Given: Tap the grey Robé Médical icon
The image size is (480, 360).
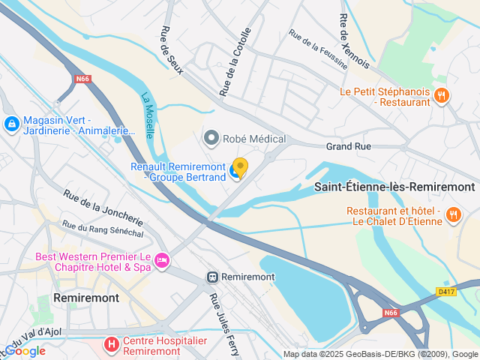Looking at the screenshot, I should pyautogui.click(x=211, y=138).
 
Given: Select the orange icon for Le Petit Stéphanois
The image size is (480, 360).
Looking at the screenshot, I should pyautogui.click(x=442, y=95).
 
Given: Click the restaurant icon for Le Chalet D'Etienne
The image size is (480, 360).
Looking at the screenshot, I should pyautogui.click(x=453, y=216).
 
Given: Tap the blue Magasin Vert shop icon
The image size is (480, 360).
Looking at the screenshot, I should pyautogui.click(x=11, y=123).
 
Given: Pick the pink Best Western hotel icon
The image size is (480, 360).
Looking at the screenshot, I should pyautogui.click(x=161, y=260).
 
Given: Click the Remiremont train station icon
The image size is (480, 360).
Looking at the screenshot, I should pyautogui.click(x=213, y=277).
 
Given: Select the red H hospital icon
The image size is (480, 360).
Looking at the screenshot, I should pyautogui.click(x=111, y=345).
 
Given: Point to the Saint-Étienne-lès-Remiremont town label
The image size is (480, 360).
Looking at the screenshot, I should pyautogui.click(x=394, y=187).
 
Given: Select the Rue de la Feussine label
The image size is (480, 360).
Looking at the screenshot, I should pyautogui.click(x=318, y=49).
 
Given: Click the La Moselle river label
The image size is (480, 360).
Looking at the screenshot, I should pyautogui.click(x=148, y=115).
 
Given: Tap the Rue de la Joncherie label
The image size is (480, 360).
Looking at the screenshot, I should pyautogui.click(x=103, y=207).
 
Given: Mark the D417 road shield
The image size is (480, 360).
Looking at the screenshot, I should pyautogui.click(x=445, y=291).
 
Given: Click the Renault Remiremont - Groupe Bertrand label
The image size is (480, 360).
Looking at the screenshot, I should pyautogui.click(x=178, y=172).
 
